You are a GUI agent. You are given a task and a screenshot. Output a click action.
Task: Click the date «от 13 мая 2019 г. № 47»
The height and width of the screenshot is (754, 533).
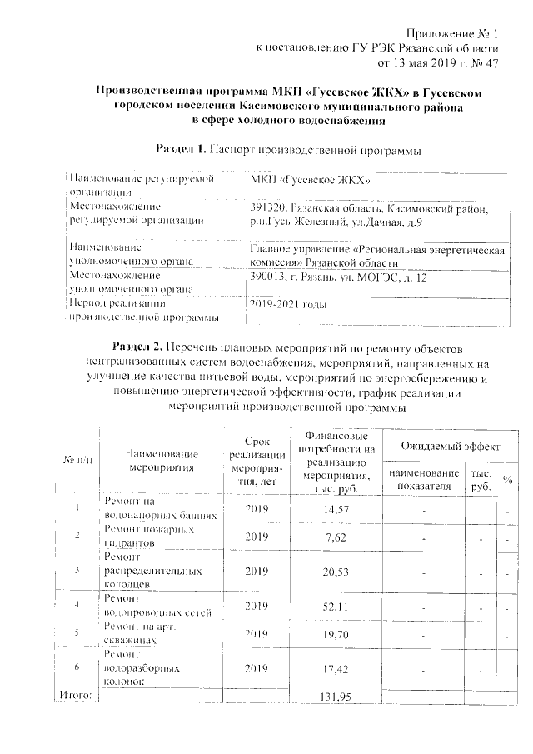tap(438, 62)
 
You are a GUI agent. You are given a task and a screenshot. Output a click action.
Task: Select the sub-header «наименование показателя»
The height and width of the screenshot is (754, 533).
tap(424, 479)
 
